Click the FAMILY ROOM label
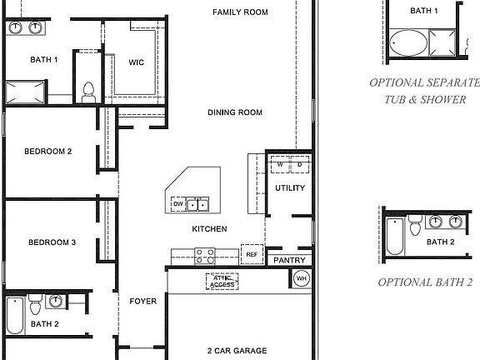point(239,12)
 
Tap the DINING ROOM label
point(235,112)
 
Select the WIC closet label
point(137,62)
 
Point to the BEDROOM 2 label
point(48,152)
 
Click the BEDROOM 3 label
point(52,242)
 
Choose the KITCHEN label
point(209,229)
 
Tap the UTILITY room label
point(290,188)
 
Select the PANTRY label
point(290,261)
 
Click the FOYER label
point(142,301)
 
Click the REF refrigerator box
point(251,254)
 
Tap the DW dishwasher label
point(177,203)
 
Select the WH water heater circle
point(302,278)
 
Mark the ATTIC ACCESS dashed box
point(221,282)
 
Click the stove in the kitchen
point(205,256)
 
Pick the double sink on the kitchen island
point(198,203)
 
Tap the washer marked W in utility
point(281,164)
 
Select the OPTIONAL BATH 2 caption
point(425,282)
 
